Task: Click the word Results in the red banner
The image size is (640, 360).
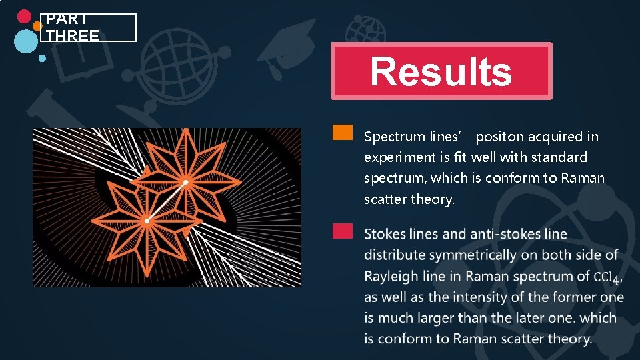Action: point(441,72)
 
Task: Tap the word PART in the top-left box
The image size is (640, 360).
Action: point(67,19)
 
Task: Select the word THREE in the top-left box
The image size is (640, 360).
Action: point(73,35)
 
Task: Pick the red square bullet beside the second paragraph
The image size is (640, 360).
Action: point(343,231)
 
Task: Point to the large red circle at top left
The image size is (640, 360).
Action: point(24,17)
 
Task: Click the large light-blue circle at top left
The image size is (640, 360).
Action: point(26,41)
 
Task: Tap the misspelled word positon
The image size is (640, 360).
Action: point(499,137)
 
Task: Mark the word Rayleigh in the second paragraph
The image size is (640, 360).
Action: point(389,276)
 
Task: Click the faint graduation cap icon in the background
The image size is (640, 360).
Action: point(287,40)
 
